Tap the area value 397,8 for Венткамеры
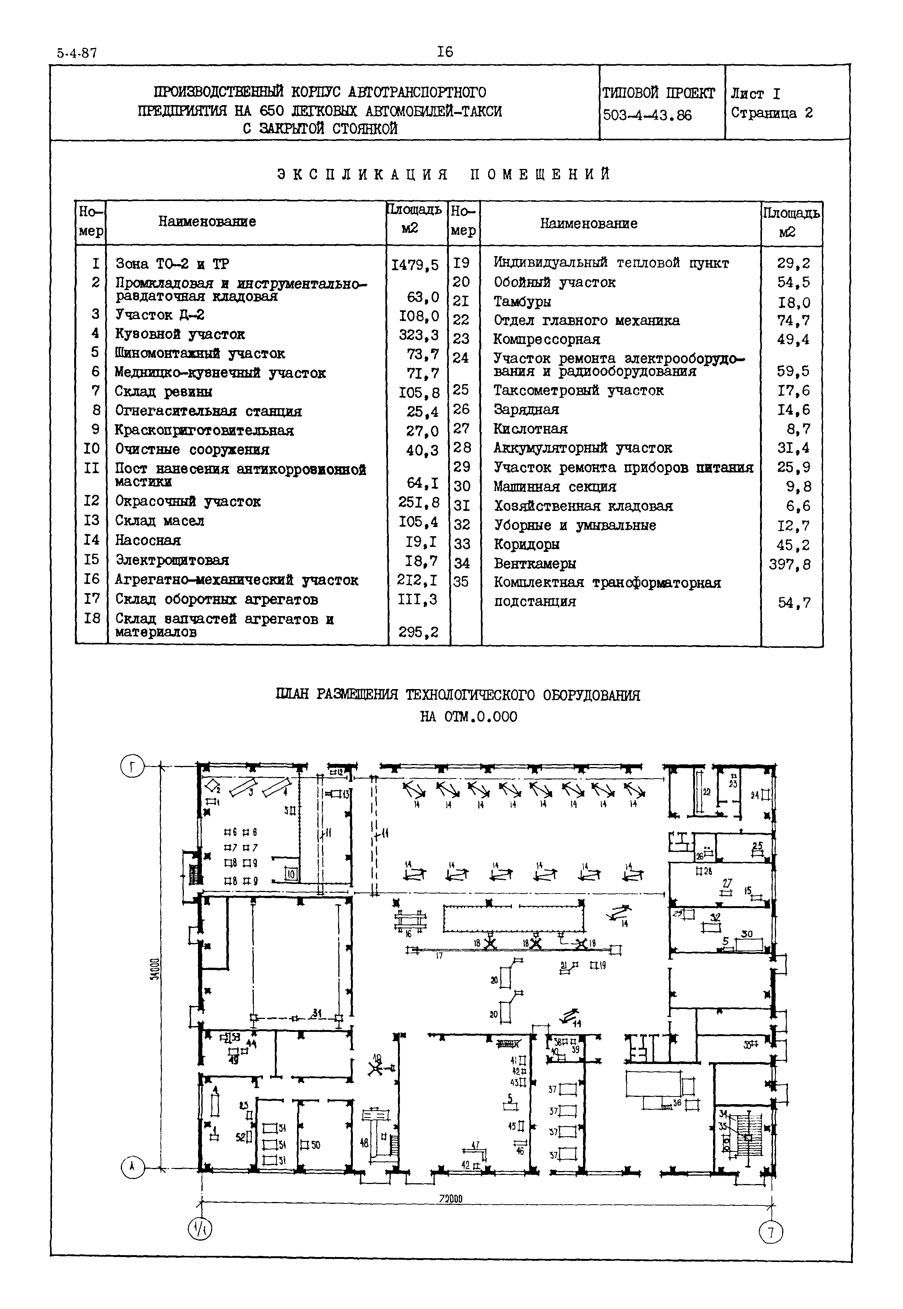coord(789,564)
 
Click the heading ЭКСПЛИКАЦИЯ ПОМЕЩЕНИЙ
coord(444,174)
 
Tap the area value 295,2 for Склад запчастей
coord(418,633)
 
